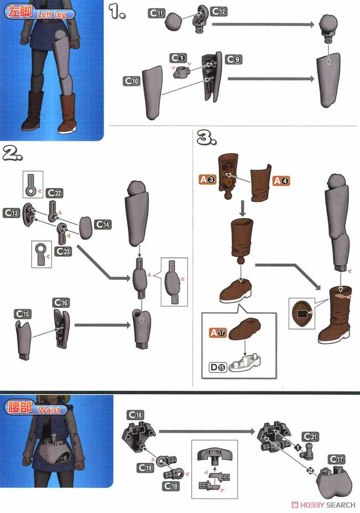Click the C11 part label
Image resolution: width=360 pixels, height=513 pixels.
pos(157,13)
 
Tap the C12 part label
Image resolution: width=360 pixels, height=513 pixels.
pos(219,12)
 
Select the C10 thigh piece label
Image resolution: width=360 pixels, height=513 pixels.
pos(132,81)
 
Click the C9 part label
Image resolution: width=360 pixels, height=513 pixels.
pos(234,59)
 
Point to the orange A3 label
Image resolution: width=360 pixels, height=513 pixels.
pos(208,179)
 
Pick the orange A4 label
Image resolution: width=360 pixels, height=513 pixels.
pos(281,181)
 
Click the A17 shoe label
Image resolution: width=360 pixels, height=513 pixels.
pos(218,333)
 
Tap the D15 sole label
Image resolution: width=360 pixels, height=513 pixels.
pos(218,367)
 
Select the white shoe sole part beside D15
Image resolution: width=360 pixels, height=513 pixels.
pos(245,363)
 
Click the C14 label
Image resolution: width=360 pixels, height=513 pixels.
pos(103,224)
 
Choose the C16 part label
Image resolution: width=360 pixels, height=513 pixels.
pos(61,303)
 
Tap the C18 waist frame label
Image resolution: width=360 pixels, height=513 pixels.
pos(135,415)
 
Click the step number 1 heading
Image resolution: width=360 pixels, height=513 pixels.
pos(117,12)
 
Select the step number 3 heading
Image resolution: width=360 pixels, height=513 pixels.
pos(207,138)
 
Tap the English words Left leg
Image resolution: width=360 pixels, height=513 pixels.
pos(52,14)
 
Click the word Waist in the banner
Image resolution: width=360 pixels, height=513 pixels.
pos(49,410)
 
